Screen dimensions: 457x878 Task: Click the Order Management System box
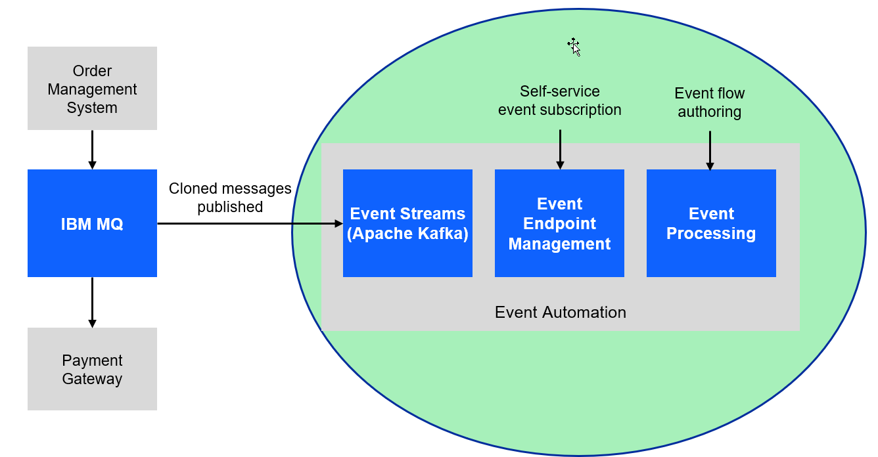pyautogui.click(x=92, y=89)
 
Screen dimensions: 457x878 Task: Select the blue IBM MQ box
pyautogui.click(x=92, y=223)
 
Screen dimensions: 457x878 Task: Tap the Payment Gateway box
pyautogui.click(x=92, y=369)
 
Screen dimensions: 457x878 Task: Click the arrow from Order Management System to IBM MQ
pyautogui.click(x=92, y=150)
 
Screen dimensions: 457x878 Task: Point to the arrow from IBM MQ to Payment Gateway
pyautogui.click(x=92, y=302)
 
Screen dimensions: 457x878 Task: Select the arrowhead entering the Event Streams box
pyautogui.click(x=338, y=223)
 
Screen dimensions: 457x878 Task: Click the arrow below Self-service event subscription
pyautogui.click(x=560, y=149)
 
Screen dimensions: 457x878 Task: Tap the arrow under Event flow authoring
pyautogui.click(x=710, y=150)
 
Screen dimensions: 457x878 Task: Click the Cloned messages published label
pyautogui.click(x=230, y=198)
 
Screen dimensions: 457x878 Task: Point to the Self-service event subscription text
pyautogui.click(x=560, y=100)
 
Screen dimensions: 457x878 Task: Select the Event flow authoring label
pyautogui.click(x=710, y=102)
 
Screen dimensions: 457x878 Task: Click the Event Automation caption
pyautogui.click(x=560, y=312)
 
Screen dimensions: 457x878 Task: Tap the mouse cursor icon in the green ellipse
pyautogui.click(x=574, y=47)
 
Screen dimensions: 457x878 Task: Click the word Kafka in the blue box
pyautogui.click(x=444, y=234)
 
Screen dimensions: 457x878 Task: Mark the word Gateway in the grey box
pyautogui.click(x=92, y=379)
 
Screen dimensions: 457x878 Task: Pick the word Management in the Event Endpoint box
pyautogui.click(x=559, y=244)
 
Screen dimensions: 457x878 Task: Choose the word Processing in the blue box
pyautogui.click(x=711, y=234)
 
